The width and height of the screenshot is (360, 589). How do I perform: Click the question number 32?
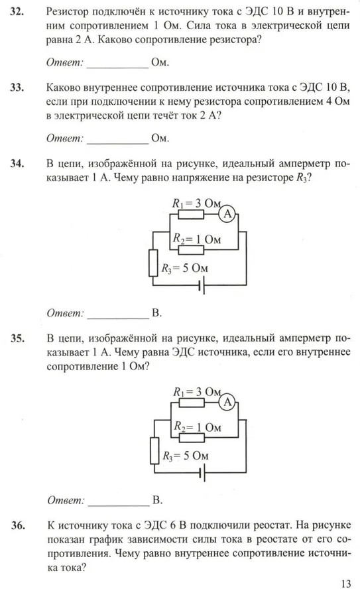click(x=17, y=12)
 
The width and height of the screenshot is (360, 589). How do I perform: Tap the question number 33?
click(x=17, y=88)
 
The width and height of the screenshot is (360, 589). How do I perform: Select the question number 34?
click(x=17, y=163)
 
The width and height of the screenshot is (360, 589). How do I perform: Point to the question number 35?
click(x=17, y=338)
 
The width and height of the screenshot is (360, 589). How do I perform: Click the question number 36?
click(x=18, y=525)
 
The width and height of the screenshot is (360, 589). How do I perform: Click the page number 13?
click(x=345, y=583)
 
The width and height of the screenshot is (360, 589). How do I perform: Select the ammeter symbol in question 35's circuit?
click(x=227, y=403)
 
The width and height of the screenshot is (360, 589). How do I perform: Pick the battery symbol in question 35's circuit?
click(x=203, y=474)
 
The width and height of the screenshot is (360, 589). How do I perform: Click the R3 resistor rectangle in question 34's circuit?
click(x=153, y=263)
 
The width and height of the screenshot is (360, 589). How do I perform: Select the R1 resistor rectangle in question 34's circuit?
click(x=191, y=214)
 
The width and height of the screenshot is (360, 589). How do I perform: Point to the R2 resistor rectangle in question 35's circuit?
click(x=192, y=437)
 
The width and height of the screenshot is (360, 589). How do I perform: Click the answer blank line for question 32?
click(x=118, y=68)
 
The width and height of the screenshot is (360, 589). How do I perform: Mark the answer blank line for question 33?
click(x=118, y=143)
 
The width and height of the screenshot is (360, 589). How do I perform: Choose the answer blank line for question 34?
click(x=118, y=318)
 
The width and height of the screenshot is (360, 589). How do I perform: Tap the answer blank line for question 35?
click(x=119, y=505)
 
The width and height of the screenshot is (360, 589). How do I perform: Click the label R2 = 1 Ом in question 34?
click(x=197, y=239)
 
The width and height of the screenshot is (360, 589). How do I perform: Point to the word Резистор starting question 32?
click(x=70, y=12)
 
